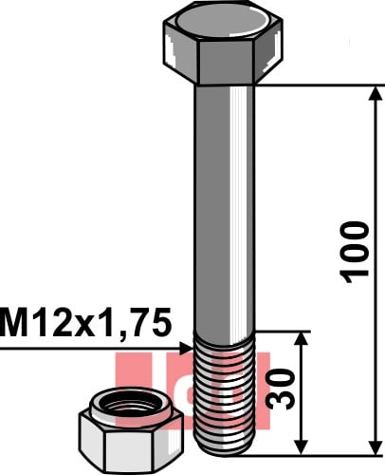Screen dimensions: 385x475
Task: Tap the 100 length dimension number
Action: point(354,252)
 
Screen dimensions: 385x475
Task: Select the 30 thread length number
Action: point(280,389)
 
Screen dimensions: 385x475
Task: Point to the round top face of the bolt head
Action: point(224,21)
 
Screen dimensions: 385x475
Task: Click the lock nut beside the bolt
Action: point(131,429)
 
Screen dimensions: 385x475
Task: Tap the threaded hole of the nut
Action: point(131,405)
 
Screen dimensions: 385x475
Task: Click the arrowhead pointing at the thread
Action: point(186,349)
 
